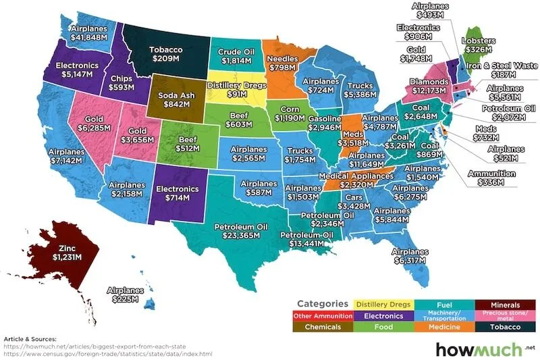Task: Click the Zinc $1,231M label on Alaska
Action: (67, 251)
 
